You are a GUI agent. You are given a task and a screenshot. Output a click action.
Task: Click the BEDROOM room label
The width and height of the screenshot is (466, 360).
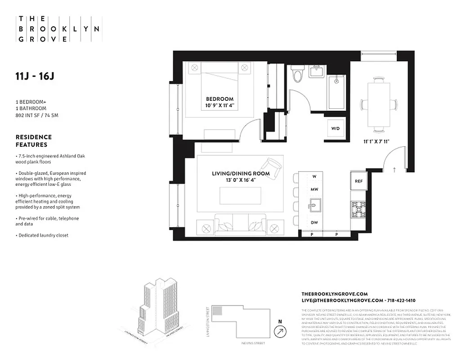click(x=220, y=99)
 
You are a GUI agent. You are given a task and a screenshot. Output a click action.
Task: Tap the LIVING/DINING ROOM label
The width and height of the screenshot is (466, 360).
click(x=241, y=173)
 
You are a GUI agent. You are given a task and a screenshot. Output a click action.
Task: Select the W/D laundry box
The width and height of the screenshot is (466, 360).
click(x=336, y=128)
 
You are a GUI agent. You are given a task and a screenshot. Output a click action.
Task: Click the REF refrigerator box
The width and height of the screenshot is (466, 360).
click(x=358, y=181)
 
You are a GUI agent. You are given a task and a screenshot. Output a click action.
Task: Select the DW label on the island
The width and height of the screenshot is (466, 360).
click(x=314, y=222)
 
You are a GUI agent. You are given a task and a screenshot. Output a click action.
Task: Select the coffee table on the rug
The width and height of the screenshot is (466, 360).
click(x=241, y=196)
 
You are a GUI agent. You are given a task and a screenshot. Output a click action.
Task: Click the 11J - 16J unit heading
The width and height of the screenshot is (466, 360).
click(x=35, y=76)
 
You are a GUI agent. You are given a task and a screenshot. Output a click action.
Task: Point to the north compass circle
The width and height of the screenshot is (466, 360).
click(x=281, y=332)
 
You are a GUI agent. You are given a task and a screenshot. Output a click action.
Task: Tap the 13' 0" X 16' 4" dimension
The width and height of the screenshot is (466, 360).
click(x=241, y=180)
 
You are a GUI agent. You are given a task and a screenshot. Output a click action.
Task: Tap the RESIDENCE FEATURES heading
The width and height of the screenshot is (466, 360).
click(x=34, y=141)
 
